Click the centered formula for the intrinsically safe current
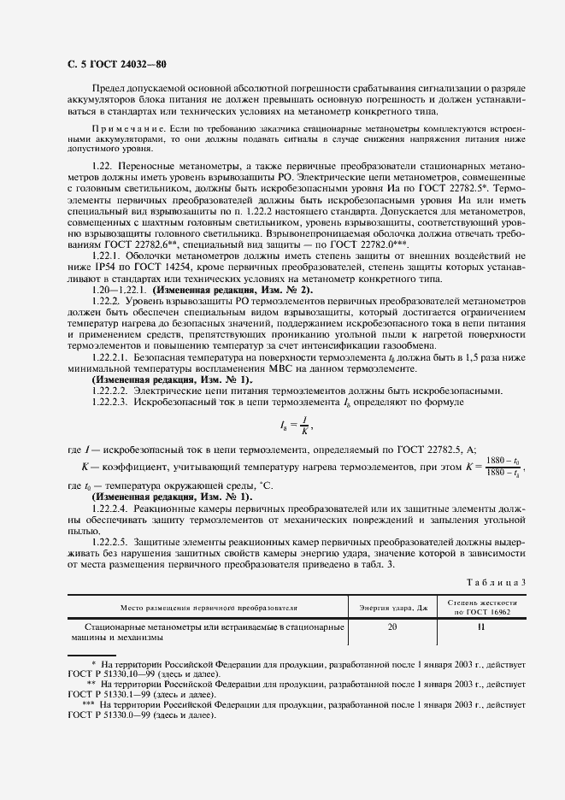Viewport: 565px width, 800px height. coord(294,425)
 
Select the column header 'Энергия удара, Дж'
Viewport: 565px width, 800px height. coord(393,608)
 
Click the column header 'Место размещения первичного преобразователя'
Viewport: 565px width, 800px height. coord(209,608)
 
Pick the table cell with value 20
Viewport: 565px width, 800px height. coord(393,626)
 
